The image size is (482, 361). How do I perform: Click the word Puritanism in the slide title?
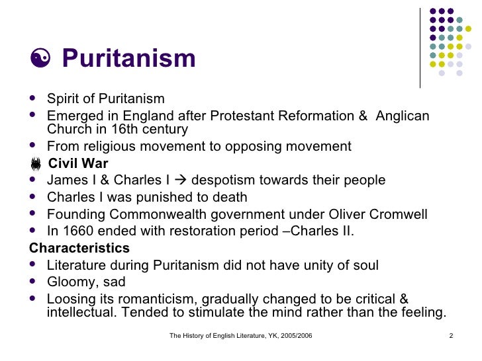(x=128, y=58)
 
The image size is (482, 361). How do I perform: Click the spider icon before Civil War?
(x=35, y=164)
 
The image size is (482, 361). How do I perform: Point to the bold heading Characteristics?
(x=79, y=249)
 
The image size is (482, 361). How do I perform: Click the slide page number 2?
(x=450, y=337)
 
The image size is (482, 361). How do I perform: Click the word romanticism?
(x=152, y=299)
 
